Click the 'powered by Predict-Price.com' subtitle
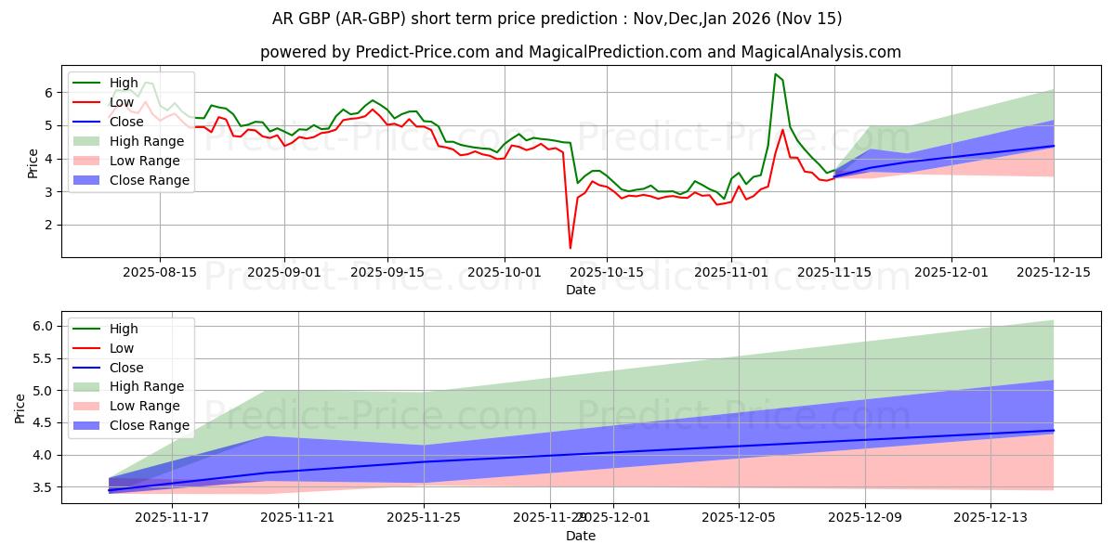tap(580, 52)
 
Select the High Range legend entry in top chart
tap(146, 141)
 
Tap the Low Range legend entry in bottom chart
tap(145, 406)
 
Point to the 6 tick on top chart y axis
tap(47, 93)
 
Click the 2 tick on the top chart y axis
tap(47, 226)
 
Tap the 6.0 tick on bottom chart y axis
tap(43, 326)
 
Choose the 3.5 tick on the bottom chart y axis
tap(43, 487)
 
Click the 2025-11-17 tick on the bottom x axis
tap(172, 518)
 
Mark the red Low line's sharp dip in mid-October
tap(570, 247)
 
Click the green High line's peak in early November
tap(775, 74)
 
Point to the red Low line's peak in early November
tap(782, 129)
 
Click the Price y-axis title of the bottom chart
tap(20, 407)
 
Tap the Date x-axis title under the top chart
tap(580, 290)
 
